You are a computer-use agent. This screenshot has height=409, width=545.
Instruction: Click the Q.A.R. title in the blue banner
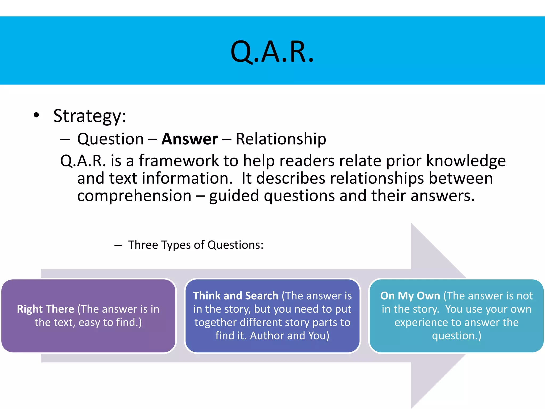[x=272, y=52]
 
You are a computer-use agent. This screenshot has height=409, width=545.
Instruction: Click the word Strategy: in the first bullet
[x=90, y=116]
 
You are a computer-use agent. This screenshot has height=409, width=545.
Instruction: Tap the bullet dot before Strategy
[x=36, y=115]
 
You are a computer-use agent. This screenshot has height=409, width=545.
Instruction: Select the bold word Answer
[x=189, y=139]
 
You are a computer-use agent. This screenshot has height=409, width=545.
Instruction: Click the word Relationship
[x=281, y=139]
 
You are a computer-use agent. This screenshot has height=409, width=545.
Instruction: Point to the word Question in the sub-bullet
[x=110, y=139]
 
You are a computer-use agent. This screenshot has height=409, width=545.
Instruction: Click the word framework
[x=179, y=161]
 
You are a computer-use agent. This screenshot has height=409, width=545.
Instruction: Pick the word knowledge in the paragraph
[x=466, y=161]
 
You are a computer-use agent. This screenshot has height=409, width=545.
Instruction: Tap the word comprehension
[x=134, y=196]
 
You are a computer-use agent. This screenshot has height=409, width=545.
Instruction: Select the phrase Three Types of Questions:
[x=196, y=245]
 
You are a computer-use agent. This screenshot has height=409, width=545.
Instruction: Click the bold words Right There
[x=46, y=309]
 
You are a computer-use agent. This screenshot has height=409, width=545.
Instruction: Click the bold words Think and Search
[x=236, y=296]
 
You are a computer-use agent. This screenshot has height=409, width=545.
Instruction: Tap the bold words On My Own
[x=410, y=296]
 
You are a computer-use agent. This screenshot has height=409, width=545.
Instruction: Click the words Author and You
[x=290, y=336]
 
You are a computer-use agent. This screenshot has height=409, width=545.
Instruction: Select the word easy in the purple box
[x=89, y=323]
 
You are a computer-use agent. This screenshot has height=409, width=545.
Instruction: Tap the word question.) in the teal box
[x=456, y=336]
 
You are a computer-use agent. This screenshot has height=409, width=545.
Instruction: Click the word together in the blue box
[x=216, y=323]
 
